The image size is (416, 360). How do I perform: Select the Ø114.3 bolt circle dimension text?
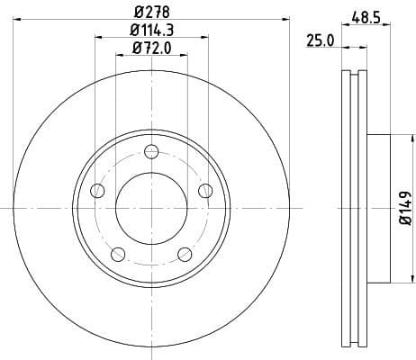(x=151, y=31)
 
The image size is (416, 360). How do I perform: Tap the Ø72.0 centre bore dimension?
(x=151, y=49)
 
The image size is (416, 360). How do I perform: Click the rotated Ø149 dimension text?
(x=405, y=207)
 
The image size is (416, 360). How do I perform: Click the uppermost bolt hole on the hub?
(x=151, y=150)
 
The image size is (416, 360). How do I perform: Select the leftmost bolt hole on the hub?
(x=97, y=190)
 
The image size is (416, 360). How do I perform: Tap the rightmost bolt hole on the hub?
(x=205, y=190)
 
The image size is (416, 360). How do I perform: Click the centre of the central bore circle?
(x=151, y=207)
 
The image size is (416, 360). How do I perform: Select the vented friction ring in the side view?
(x=355, y=207)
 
